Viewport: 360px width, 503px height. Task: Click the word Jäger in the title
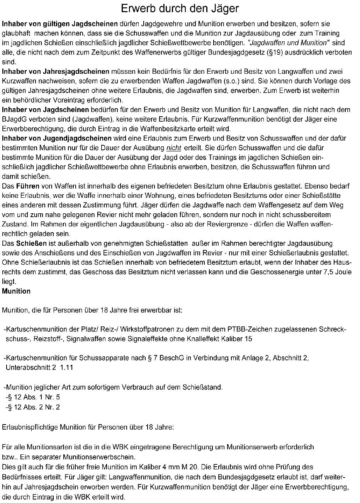click(x=224, y=9)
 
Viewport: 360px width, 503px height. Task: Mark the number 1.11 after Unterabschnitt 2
click(x=66, y=367)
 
